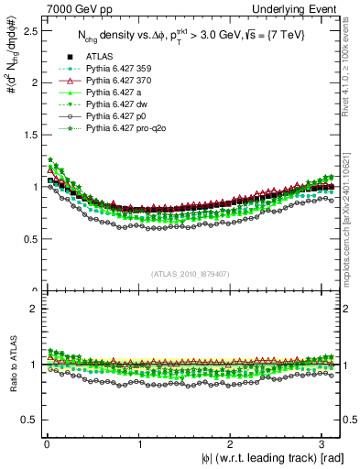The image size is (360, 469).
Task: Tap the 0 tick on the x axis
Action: point(47,444)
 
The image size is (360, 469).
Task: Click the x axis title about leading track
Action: point(267,459)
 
